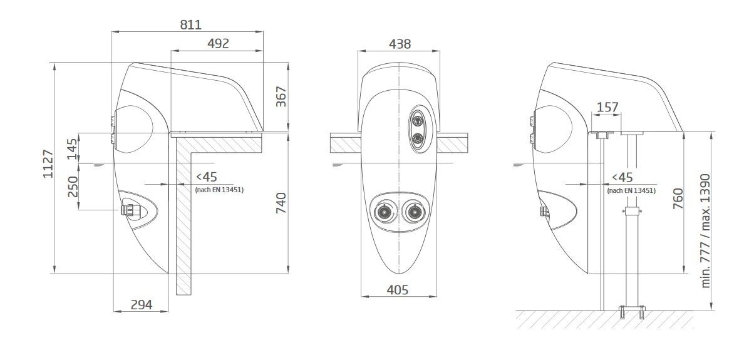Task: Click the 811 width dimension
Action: (190, 24)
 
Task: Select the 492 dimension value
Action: (218, 43)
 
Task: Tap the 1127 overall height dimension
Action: (48, 164)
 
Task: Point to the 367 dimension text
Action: (281, 96)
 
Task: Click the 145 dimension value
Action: (73, 149)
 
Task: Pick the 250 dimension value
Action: (73, 187)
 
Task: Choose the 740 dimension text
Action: (281, 203)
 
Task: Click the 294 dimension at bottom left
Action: (142, 305)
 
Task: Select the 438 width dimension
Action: (400, 44)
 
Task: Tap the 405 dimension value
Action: (398, 290)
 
